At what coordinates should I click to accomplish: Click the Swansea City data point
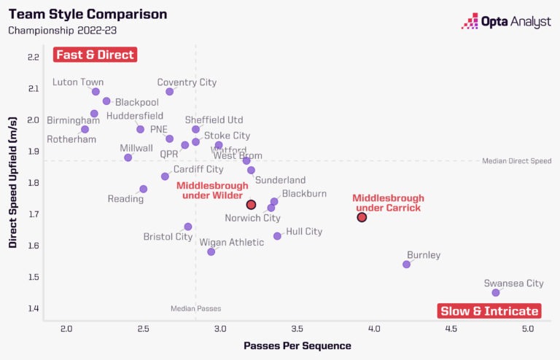click(x=496, y=292)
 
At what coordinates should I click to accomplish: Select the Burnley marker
click(x=406, y=264)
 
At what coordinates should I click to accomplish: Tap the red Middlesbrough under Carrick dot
click(x=362, y=217)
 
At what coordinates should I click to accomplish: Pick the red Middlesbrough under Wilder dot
click(x=251, y=205)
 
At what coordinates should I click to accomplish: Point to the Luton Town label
click(x=78, y=82)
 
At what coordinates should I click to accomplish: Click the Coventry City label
click(x=187, y=82)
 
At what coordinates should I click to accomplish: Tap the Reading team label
click(x=125, y=199)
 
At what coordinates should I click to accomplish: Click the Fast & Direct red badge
click(x=95, y=55)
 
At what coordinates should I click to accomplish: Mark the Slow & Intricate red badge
click(x=489, y=311)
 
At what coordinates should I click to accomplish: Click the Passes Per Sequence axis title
click(x=297, y=345)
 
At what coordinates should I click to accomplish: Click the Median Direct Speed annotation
click(x=517, y=161)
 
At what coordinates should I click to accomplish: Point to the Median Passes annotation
click(x=195, y=308)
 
